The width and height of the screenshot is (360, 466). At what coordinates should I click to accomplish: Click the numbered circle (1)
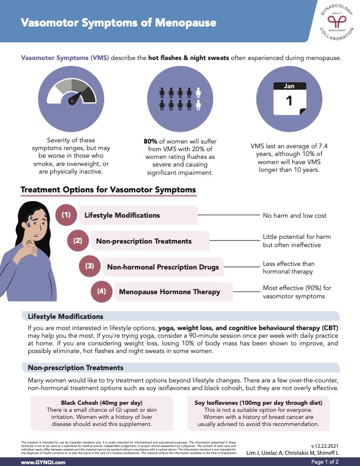coord(66,215)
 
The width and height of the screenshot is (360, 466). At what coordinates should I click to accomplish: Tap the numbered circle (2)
coord(78,241)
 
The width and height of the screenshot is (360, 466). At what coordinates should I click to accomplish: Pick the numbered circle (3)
coord(89,267)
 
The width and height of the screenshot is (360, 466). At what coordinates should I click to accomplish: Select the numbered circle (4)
coord(101,291)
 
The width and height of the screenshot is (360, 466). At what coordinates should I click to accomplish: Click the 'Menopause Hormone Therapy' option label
coord(169,292)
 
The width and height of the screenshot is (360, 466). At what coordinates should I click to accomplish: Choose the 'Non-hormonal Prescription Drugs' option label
coord(163,267)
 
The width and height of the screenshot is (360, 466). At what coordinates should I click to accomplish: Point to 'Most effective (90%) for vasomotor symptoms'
coord(294,292)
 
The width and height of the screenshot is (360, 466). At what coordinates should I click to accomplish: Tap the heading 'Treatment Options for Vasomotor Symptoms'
coord(108,190)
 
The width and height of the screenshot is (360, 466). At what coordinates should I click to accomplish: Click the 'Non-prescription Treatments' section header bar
coord(179,368)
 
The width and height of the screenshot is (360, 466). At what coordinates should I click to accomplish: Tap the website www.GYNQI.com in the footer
coord(44,461)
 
